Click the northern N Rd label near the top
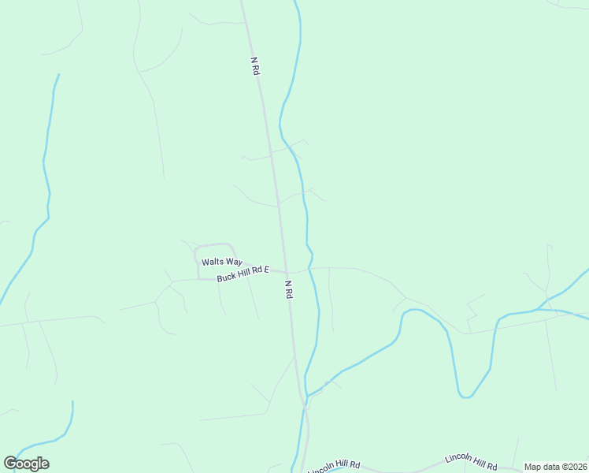255,65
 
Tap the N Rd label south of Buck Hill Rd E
289,289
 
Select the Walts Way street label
221,262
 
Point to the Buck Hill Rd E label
243,274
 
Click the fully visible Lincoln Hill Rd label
471,461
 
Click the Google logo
26,464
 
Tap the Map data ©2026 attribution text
555,467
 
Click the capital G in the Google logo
10,464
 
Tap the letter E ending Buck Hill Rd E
266,270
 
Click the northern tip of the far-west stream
57,75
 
